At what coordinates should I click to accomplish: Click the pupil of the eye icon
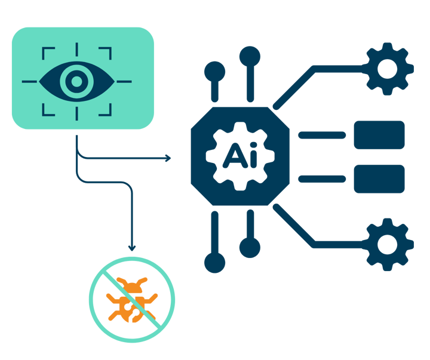click(77, 81)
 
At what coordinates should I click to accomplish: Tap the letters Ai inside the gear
click(240, 155)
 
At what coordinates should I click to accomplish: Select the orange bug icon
click(132, 300)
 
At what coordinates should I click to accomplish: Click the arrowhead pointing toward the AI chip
click(168, 158)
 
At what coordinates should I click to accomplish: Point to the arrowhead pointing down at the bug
click(132, 248)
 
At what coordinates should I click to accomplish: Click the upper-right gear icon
click(387, 69)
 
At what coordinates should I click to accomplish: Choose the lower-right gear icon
click(387, 245)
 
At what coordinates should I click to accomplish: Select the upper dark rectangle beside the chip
click(379, 135)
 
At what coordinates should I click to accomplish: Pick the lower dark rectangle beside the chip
click(379, 179)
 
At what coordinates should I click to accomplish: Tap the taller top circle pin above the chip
click(250, 57)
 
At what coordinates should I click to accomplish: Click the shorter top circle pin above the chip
click(215, 72)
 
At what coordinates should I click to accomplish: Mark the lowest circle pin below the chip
click(215, 263)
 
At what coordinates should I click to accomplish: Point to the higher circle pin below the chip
click(250, 248)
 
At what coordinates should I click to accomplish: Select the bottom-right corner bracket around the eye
click(110, 115)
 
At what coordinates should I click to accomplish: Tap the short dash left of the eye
click(29, 81)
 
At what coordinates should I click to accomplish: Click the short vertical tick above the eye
click(77, 50)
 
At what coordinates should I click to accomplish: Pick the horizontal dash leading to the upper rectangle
click(322, 135)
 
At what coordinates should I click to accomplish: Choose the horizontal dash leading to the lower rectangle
click(322, 179)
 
